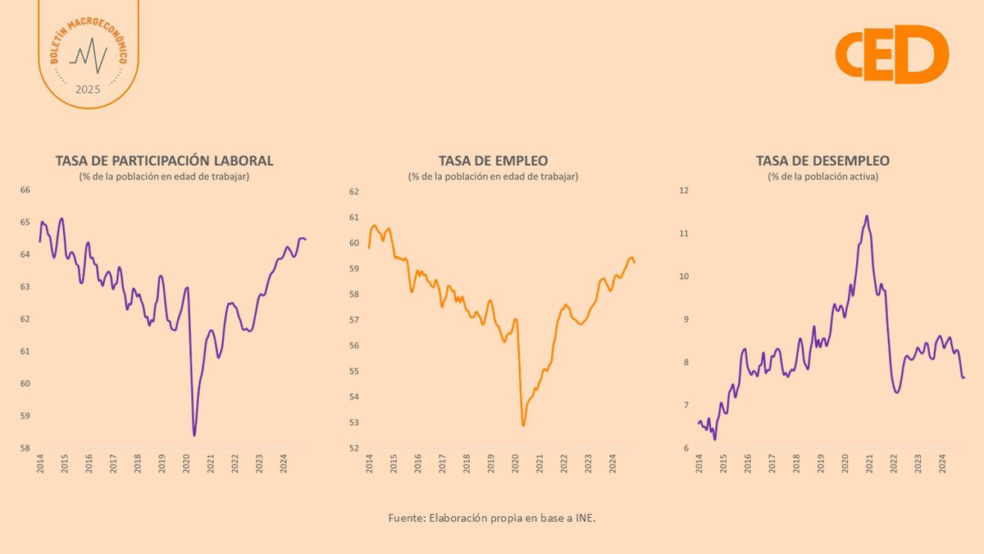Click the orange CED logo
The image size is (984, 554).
coord(891,53)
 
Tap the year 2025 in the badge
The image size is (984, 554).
coord(88,89)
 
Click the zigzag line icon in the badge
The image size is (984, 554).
coord(88,56)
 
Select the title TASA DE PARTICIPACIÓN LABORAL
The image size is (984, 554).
coord(164,160)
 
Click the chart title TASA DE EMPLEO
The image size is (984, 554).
coord(493,160)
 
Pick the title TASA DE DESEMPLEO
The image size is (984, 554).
coord(822,160)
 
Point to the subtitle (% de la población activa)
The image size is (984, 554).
coord(822,176)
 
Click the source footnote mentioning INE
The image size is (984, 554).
coord(492,519)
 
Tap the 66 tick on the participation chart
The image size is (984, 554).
coord(25,190)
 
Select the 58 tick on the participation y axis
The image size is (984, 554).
coord(25,449)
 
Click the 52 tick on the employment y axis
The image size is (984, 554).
coord(354,449)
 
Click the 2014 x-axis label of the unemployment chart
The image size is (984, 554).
coord(699,465)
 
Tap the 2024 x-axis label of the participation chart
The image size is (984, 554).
coord(283,465)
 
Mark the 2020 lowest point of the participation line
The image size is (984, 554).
coord(194,435)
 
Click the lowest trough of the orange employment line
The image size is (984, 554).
coord(523,426)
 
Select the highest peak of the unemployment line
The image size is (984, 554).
coord(867,216)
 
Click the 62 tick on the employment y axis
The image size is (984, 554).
coord(354,191)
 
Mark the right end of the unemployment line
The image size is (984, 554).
coord(964,378)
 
